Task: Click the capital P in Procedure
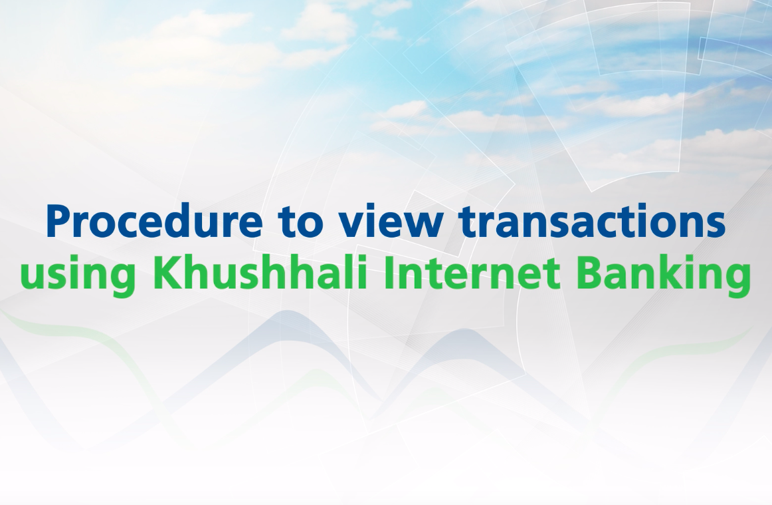(59, 222)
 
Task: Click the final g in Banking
(739, 280)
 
